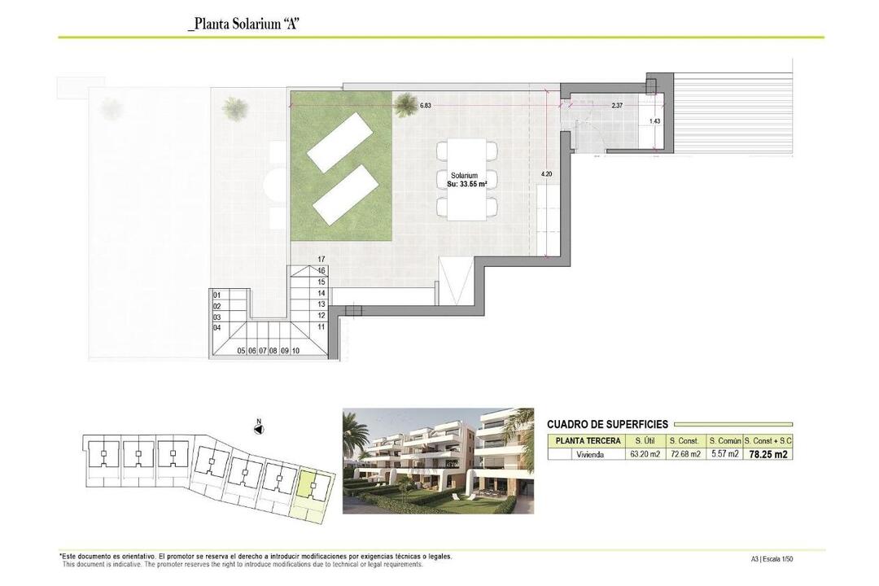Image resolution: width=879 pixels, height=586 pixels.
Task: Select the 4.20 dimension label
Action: click(x=547, y=174)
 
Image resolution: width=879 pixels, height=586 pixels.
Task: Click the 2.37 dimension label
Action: click(x=617, y=105)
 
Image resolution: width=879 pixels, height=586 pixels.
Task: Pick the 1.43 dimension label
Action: click(x=654, y=121)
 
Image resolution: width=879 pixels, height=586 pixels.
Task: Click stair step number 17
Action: click(x=321, y=260)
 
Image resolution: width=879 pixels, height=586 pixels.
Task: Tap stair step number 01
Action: click(x=217, y=295)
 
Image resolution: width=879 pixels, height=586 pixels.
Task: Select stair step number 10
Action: click(x=295, y=351)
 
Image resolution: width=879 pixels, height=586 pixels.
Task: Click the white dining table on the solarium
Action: click(x=466, y=179)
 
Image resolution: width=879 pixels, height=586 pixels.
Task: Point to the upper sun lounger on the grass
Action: click(x=339, y=142)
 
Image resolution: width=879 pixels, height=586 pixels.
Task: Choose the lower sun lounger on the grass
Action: click(x=345, y=195)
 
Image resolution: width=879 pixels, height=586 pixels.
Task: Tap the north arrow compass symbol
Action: click(x=259, y=428)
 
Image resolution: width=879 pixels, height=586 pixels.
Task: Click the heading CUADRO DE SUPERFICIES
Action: click(x=607, y=425)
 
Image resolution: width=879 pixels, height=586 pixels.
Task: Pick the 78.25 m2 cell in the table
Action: click(x=768, y=454)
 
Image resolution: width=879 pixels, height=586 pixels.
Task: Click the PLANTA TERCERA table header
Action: click(x=588, y=441)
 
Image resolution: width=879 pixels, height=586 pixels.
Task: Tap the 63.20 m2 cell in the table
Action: click(x=645, y=454)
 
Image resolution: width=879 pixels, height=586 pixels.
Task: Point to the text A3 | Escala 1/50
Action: click(x=772, y=558)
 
